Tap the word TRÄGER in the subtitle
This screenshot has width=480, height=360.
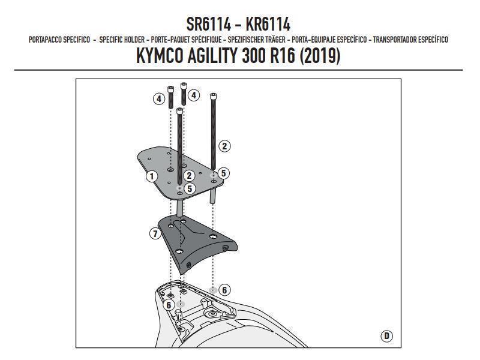tap(273, 40)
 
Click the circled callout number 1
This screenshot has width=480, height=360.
tap(152, 176)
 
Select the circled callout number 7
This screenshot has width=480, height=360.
tap(154, 233)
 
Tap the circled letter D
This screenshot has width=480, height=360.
tap(386, 335)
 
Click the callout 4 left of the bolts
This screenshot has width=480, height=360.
tap(159, 98)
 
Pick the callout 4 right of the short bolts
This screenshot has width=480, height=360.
tap(193, 95)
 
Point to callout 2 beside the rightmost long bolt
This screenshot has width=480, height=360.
tap(224, 146)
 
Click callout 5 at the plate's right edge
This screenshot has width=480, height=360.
tap(223, 173)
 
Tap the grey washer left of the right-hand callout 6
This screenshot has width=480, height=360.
tap(212, 290)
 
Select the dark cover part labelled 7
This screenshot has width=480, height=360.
tap(198, 243)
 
